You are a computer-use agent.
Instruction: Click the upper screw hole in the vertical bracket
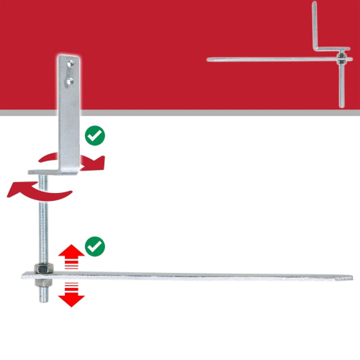pyautogui.click(x=68, y=67)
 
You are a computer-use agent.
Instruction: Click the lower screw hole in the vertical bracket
pyautogui.click(x=68, y=81)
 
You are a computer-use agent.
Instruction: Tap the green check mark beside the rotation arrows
pyautogui.click(x=94, y=135)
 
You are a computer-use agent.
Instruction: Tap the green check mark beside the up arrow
pyautogui.click(x=94, y=247)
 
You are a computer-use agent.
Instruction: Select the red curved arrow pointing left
pyautogui.click(x=32, y=189)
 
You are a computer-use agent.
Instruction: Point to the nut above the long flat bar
pyautogui.click(x=42, y=269)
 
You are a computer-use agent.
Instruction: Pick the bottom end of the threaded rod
pyautogui.click(x=42, y=297)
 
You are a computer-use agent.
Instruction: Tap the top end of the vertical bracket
pyautogui.click(x=68, y=56)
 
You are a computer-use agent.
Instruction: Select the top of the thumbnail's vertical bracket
pyautogui.click(x=315, y=6)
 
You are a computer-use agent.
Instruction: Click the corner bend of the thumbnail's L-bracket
pyautogui.click(x=317, y=50)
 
